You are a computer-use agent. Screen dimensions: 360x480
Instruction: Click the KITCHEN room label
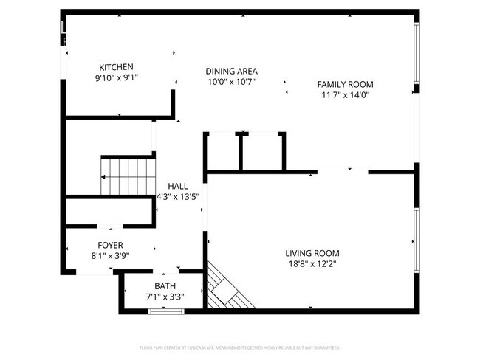coord(116,66)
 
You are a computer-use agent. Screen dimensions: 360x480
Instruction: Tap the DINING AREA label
coord(231,72)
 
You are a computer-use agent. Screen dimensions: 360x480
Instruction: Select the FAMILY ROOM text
coord(345,84)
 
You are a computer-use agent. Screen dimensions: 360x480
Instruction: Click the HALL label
coord(177,187)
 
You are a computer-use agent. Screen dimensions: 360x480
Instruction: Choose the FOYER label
coord(111,245)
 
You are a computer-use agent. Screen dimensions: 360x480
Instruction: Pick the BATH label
coord(165,286)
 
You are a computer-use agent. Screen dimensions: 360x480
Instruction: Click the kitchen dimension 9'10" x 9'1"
coord(116,77)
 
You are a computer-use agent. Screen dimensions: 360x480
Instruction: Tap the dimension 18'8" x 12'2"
coord(313,263)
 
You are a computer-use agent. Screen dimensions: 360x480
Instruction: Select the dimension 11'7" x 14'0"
coord(345,94)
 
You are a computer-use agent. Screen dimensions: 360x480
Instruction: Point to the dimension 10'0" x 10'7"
coord(231,82)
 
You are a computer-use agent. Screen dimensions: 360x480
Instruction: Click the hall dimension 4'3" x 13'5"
coord(178,197)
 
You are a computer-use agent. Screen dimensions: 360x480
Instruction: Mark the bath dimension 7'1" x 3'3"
coord(165,297)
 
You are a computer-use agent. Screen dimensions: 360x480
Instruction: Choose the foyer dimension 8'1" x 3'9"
coord(111,255)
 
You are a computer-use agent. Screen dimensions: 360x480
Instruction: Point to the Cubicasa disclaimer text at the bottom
coord(239,347)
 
